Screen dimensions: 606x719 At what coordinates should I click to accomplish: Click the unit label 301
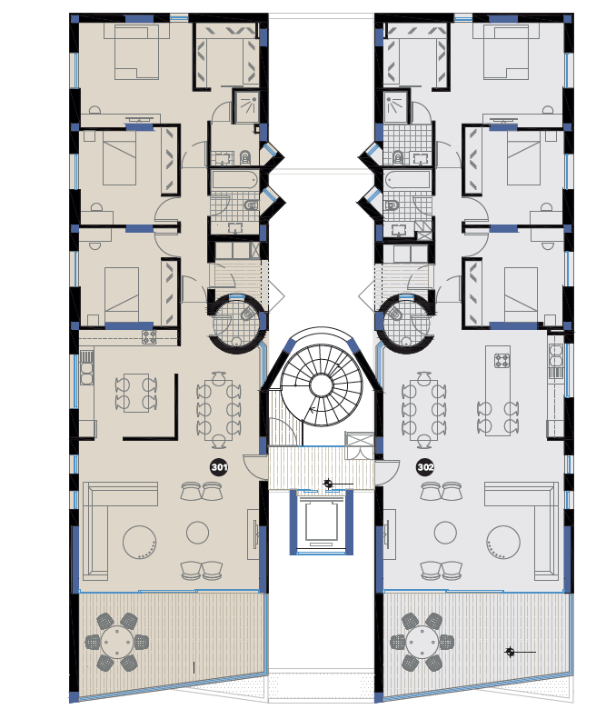(219, 467)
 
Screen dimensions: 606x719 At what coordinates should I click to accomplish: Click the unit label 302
(425, 467)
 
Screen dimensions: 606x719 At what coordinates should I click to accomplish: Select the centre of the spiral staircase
(322, 385)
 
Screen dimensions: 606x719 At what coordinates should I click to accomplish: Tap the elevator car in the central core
(321, 522)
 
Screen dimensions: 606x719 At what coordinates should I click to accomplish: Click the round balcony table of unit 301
(117, 643)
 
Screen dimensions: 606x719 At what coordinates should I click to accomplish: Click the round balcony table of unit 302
(422, 643)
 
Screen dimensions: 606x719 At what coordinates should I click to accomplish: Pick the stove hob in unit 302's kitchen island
(502, 361)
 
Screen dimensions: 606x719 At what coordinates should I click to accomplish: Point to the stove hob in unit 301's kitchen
(149, 337)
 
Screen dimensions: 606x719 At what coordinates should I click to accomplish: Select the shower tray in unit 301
(246, 106)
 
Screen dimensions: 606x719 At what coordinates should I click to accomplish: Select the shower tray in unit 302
(395, 106)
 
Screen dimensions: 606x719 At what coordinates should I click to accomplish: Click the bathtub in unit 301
(234, 180)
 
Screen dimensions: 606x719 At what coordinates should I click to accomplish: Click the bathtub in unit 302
(408, 180)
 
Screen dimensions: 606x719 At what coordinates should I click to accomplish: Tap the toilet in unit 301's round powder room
(247, 314)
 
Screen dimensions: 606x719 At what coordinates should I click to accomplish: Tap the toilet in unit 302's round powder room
(394, 314)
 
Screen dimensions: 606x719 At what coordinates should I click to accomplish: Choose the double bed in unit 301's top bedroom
(136, 53)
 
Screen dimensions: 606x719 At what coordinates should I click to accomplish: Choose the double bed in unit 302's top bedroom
(506, 53)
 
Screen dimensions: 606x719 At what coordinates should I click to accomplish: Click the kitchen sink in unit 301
(86, 367)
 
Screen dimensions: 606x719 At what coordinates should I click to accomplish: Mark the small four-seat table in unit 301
(136, 393)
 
